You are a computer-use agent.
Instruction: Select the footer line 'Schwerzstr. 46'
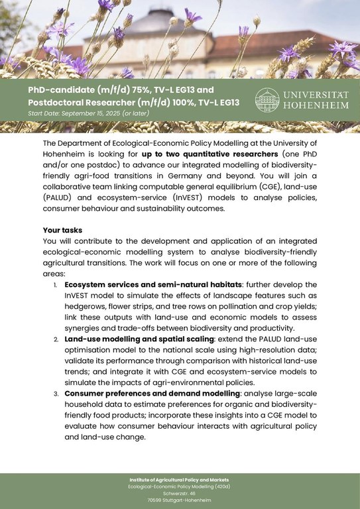point(180,494)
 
